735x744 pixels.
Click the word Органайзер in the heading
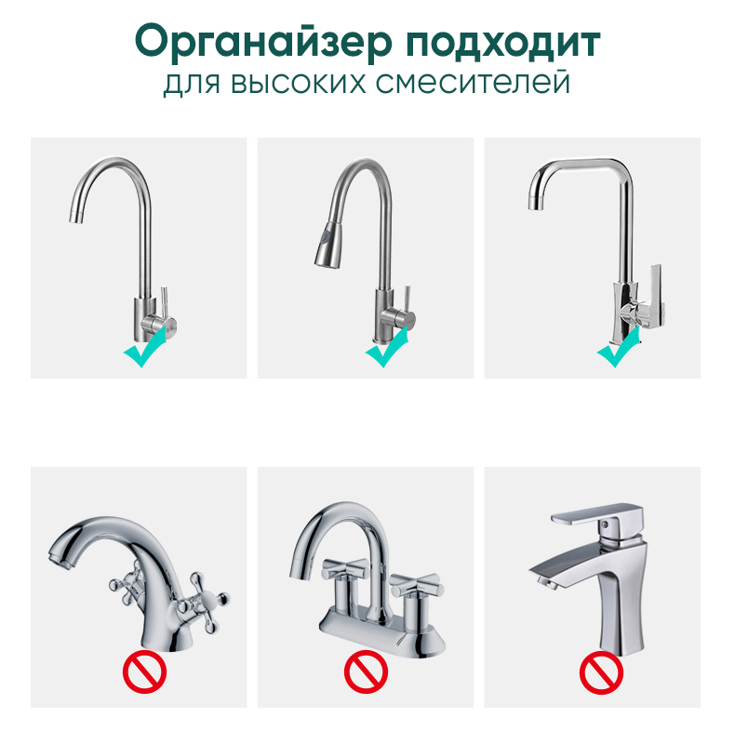pos(263,42)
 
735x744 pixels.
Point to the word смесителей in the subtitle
pos(473,83)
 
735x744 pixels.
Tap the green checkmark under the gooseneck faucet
pos(145,346)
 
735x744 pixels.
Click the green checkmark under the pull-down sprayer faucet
pos(387,346)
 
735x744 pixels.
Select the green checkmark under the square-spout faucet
pos(618,346)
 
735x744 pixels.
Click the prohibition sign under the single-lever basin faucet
pos(601,672)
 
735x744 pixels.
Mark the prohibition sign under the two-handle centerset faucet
pos(366,671)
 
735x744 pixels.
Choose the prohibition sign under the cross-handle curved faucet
pos(144,671)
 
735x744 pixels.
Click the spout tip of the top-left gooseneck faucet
pos(76,215)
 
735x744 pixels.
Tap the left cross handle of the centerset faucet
pos(345,569)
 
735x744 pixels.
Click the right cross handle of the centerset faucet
pos(416,585)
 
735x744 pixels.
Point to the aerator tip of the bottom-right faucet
pos(547,583)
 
